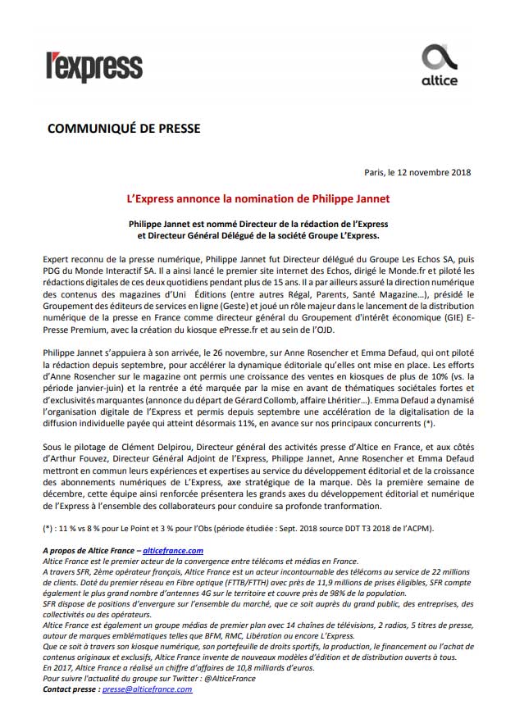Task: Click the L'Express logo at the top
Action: pos(93,66)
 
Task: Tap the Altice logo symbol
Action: pos(439,58)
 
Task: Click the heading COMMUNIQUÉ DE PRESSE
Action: pos(124,129)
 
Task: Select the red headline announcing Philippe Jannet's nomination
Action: pos(257,198)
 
